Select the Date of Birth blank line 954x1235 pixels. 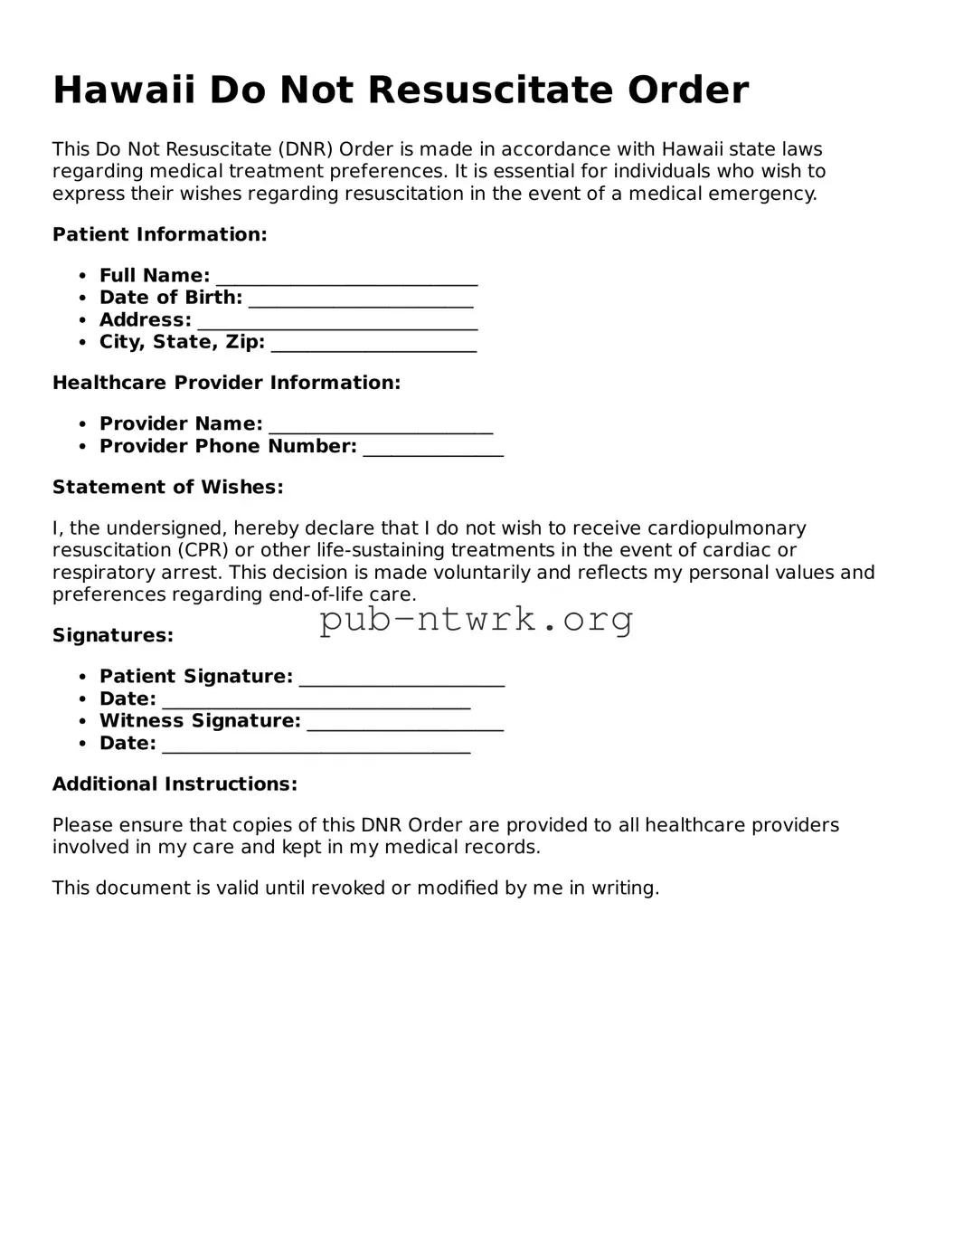(x=361, y=299)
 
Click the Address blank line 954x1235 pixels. (x=337, y=322)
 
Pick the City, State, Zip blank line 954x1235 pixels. (x=373, y=344)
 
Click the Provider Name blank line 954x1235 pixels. (x=381, y=425)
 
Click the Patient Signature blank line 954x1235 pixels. (x=401, y=679)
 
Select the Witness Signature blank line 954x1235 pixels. (x=405, y=723)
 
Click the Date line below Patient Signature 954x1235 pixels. (x=316, y=701)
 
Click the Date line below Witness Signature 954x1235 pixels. (x=316, y=746)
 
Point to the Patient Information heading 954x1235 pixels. (x=160, y=235)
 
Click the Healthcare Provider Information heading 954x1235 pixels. (x=226, y=384)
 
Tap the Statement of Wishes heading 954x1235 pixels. (x=168, y=488)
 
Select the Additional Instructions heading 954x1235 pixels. (x=175, y=784)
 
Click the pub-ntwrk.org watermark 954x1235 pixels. (x=477, y=620)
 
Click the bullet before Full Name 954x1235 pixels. (x=83, y=276)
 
